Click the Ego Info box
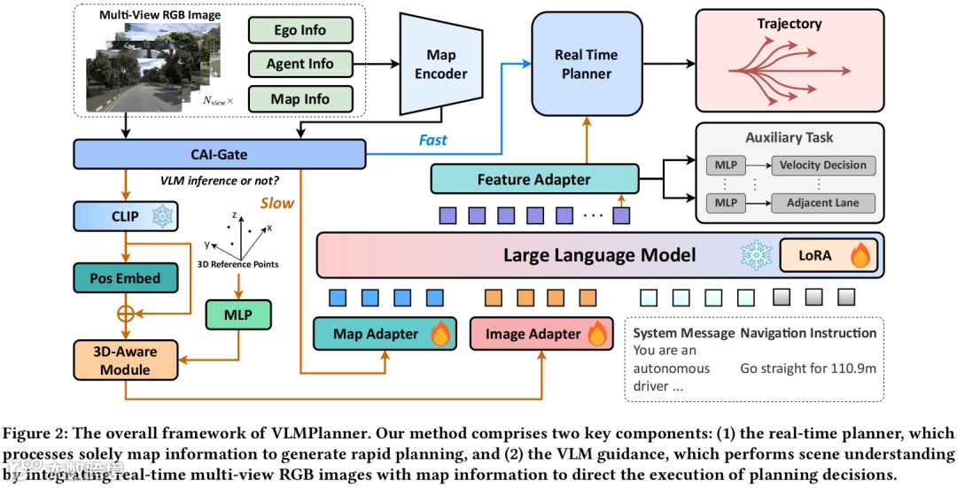pyautogui.click(x=300, y=30)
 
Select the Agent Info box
pyautogui.click(x=300, y=64)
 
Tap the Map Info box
pyautogui.click(x=300, y=99)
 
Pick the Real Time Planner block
pyautogui.click(x=586, y=65)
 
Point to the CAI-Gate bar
pyautogui.click(x=220, y=155)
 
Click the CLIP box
pyautogui.click(x=124, y=215)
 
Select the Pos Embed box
pyautogui.click(x=124, y=278)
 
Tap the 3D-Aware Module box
pyautogui.click(x=124, y=360)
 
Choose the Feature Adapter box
pyautogui.click(x=533, y=179)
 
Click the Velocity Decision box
pyautogui.click(x=823, y=166)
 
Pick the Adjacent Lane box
pyautogui.click(x=823, y=203)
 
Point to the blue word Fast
pyautogui.click(x=432, y=140)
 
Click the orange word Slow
pyautogui.click(x=276, y=203)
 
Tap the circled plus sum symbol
pyautogui.click(x=125, y=313)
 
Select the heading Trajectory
pyautogui.click(x=790, y=24)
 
